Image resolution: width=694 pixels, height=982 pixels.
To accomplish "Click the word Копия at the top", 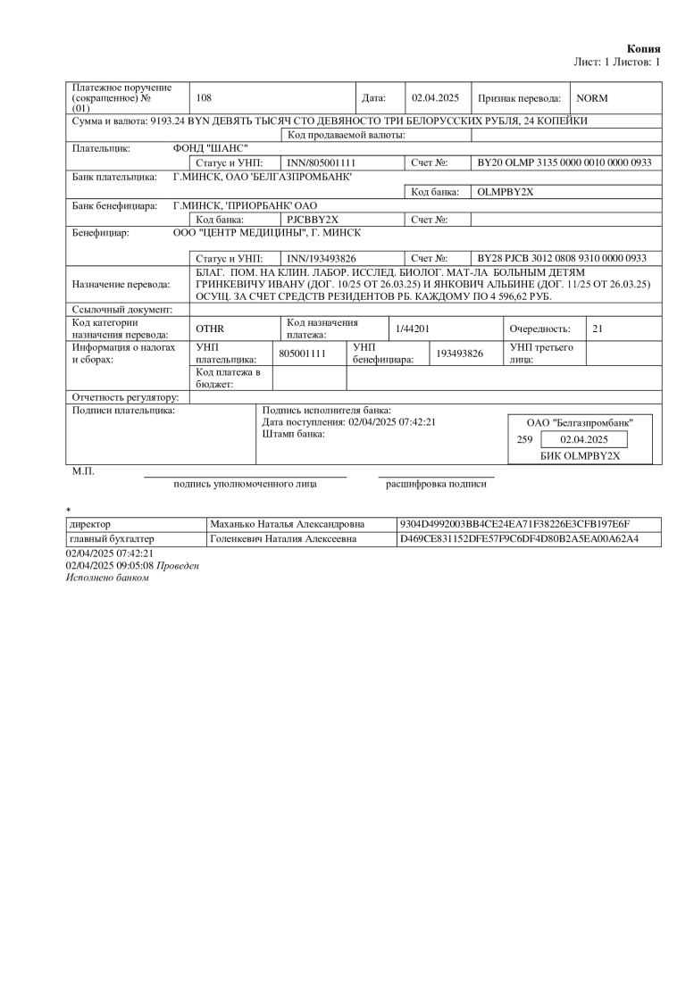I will pyautogui.click(x=643, y=48).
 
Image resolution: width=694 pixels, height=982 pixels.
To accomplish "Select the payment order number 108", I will pyautogui.click(x=203, y=98).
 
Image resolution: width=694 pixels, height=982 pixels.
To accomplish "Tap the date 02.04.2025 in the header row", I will pyautogui.click(x=434, y=98).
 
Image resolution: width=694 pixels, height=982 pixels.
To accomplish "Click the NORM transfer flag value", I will pyautogui.click(x=591, y=98).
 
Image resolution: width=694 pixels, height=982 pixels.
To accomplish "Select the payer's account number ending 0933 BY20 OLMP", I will pyautogui.click(x=564, y=163).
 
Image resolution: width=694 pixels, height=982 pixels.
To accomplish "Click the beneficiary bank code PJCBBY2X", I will pyautogui.click(x=313, y=220).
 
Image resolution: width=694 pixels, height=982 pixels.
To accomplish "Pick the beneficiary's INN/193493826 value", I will pyautogui.click(x=322, y=258).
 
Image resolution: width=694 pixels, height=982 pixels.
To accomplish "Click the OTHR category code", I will pyautogui.click(x=209, y=329).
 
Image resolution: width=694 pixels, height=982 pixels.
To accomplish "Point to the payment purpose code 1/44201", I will pyautogui.click(x=412, y=329).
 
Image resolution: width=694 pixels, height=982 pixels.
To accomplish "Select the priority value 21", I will pyautogui.click(x=598, y=329).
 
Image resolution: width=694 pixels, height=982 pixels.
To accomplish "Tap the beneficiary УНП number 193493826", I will pyautogui.click(x=459, y=354).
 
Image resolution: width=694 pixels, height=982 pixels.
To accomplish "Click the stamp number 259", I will pyautogui.click(x=525, y=439).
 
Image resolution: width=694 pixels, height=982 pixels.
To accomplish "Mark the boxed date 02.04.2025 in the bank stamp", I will pyautogui.click(x=583, y=439).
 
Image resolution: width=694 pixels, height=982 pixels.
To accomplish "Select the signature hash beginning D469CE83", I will pyautogui.click(x=518, y=539).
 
